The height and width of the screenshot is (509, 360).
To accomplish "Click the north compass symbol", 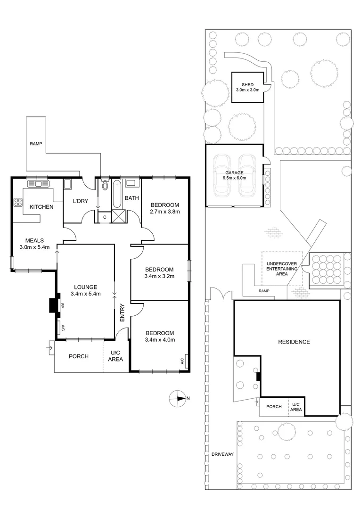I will click(177, 398).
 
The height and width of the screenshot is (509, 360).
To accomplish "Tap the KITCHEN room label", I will click(41, 207).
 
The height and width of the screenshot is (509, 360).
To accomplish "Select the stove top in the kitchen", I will click(18, 203).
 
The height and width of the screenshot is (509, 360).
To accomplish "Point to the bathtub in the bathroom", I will click(116, 195).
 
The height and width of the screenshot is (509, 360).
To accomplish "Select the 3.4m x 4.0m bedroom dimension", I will click(160, 339).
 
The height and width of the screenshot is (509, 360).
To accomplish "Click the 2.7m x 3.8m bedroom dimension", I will click(164, 212).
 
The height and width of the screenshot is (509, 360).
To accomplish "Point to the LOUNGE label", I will click(85, 287).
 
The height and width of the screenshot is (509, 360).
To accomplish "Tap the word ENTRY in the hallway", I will click(123, 313).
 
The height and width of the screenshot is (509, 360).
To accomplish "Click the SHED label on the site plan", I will click(247, 85).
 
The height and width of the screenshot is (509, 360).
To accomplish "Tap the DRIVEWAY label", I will click(222, 454).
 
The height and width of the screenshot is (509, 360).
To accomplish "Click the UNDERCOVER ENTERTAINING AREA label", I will click(281, 268).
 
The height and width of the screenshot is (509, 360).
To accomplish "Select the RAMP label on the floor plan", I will click(36, 143).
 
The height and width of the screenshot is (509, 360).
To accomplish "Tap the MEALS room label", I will click(34, 240).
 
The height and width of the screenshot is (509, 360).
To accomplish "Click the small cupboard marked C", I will click(104, 217).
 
